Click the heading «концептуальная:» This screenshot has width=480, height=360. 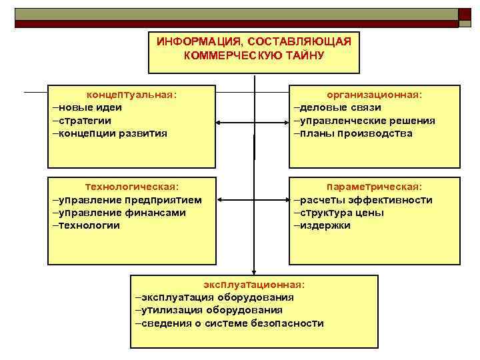pyautogui.click(x=133, y=95)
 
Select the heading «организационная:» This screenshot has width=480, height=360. pyautogui.click(x=374, y=95)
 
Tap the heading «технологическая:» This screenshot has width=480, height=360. pyautogui.click(x=132, y=187)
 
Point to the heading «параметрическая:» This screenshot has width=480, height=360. pyautogui.click(x=374, y=187)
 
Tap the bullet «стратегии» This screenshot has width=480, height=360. pyautogui.click(x=83, y=120)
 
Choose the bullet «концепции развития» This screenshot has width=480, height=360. pyautogui.click(x=111, y=133)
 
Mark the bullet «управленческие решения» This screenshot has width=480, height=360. pyautogui.click(x=365, y=121)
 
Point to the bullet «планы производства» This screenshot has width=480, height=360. pyautogui.click(x=353, y=133)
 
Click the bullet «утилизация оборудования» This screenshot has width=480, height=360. pyautogui.click(x=209, y=310)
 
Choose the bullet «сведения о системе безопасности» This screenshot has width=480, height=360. pyautogui.click(x=229, y=323)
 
